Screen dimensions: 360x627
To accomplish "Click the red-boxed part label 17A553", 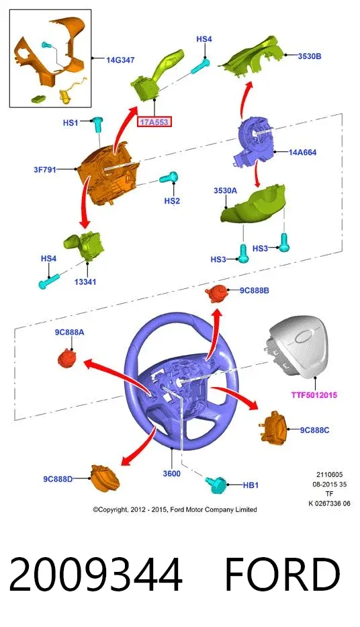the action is coord(154,122).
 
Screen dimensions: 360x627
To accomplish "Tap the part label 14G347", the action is coord(120,60).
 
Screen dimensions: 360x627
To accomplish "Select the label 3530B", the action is coord(309,56).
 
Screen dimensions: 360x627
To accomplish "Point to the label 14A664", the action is coord(302,153).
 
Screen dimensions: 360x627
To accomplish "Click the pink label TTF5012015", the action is coord(314,395).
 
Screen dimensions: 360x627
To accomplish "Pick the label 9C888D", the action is coord(58,478).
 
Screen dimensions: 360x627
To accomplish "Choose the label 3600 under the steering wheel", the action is coord(171,474).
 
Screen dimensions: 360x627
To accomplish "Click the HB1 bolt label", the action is coord(251,485).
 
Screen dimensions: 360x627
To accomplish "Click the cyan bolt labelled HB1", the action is coord(216,484).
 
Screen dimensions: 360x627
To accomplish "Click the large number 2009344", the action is coord(95,575).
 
